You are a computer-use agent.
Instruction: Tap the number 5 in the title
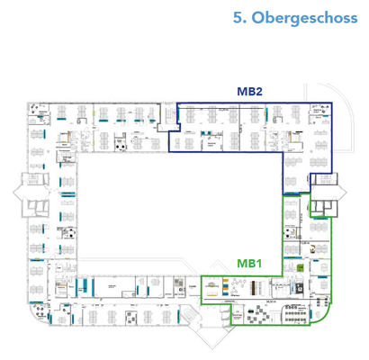tap(237, 17)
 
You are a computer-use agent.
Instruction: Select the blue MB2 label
tap(249, 91)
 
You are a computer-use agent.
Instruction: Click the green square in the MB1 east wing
tap(299, 267)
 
